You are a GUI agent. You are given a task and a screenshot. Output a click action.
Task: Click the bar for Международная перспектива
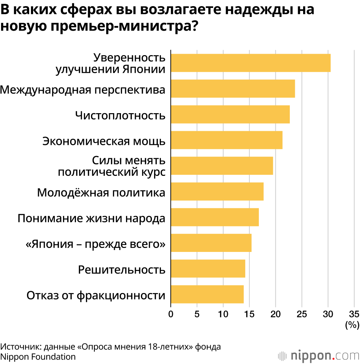click(233, 89)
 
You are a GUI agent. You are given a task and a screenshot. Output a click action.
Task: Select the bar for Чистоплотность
click(230, 114)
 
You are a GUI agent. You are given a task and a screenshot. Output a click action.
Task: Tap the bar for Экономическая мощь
click(226, 140)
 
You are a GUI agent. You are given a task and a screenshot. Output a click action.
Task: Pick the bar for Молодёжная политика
click(217, 191)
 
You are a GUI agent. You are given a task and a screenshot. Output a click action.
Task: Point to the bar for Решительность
click(208, 268)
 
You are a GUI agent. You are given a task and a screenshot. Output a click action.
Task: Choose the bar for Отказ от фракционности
click(207, 294)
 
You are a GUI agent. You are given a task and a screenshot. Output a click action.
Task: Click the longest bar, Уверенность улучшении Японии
click(251, 63)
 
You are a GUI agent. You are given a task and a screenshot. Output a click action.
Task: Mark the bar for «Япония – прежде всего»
click(211, 243)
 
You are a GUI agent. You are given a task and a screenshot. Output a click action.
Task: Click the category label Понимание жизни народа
click(91, 218)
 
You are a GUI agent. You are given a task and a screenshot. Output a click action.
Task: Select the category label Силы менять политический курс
click(112, 166)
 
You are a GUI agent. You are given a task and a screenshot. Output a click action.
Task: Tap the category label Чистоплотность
click(120, 115)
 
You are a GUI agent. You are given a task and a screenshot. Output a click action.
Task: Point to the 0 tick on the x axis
click(171, 314)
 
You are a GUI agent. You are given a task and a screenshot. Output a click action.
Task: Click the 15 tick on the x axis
click(249, 314)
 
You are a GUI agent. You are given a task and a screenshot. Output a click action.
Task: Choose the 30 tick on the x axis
click(328, 314)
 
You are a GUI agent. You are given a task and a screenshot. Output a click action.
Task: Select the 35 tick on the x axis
click(354, 314)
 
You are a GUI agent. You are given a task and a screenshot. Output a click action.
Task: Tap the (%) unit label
click(352, 325)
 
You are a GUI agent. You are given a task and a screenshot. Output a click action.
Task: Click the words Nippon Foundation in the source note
click(38, 357)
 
